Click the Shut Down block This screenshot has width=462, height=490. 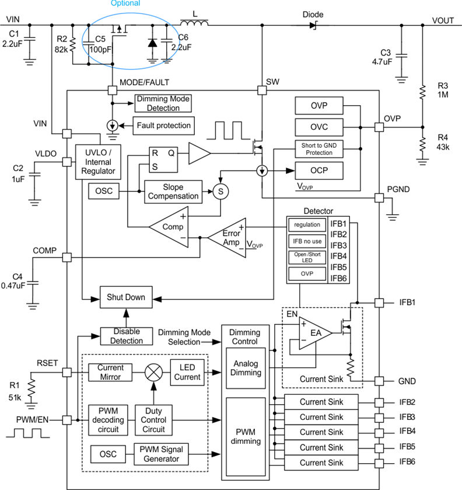pos(125,297)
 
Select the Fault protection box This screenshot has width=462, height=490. pos(163,126)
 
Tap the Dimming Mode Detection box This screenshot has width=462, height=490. pos(163,104)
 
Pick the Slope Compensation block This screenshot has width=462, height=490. pos(173,191)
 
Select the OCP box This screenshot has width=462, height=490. pos(319,171)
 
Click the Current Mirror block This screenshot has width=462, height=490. pos(110,372)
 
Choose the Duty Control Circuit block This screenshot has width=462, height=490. pos(153,419)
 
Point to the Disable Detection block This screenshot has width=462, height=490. pos(127,336)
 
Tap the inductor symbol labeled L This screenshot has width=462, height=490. pos(194,24)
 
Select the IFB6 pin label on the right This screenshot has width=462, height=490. pos(407,463)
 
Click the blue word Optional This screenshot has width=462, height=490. pos(125,4)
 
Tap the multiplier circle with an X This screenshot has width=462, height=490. pos(153,371)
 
